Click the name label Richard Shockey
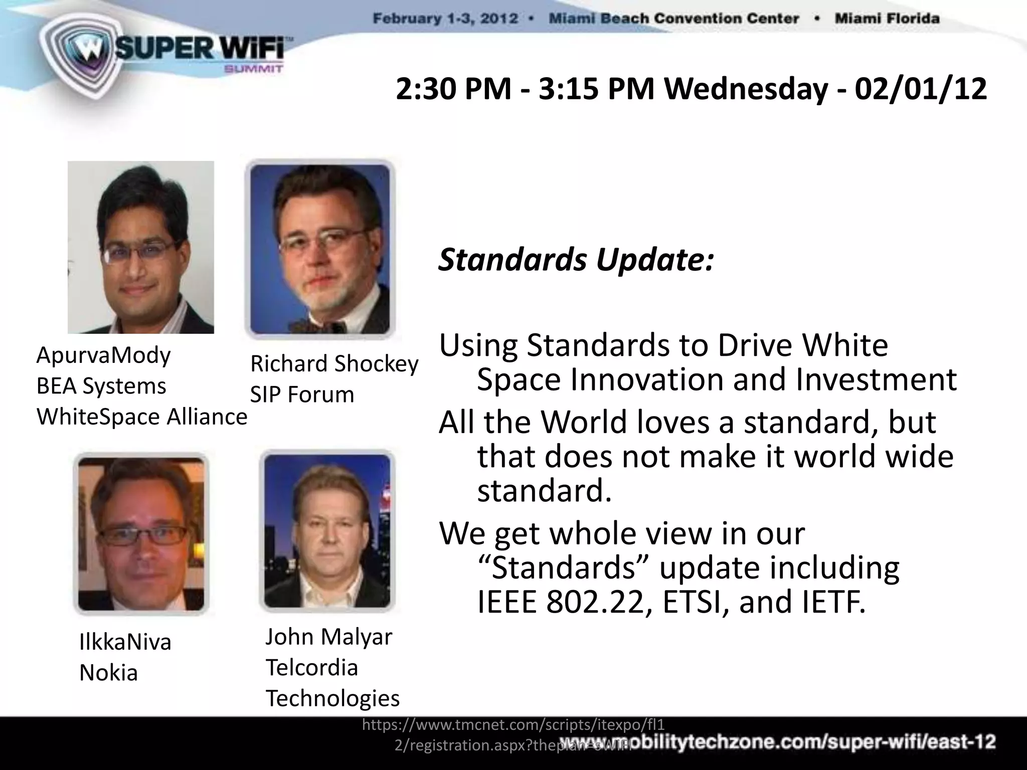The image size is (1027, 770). coord(334,364)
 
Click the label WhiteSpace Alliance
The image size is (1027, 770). coord(142,417)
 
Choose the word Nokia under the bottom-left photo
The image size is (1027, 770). coord(108,673)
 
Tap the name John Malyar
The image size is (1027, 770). coord(328,637)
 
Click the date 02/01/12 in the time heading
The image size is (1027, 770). coord(921,89)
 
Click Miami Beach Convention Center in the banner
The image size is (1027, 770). coord(673,19)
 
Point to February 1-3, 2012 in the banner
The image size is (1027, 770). coord(445,19)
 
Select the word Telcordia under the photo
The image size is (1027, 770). coord(311,668)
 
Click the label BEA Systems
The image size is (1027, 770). coord(101,387)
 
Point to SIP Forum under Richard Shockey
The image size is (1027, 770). coord(302,395)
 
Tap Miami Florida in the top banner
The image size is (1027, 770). coord(887,19)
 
